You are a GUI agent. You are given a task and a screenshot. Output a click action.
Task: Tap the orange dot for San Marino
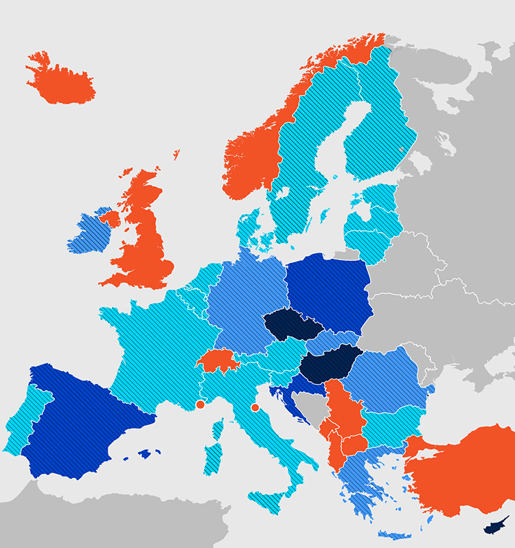coord(255,408)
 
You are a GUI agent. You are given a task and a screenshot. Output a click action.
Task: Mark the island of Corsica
coord(218,429)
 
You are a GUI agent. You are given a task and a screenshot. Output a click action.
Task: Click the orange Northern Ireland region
coord(109,219)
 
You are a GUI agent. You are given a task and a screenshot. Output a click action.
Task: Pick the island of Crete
coord(395,534)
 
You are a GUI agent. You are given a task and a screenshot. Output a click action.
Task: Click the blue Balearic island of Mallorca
coord(145,454)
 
